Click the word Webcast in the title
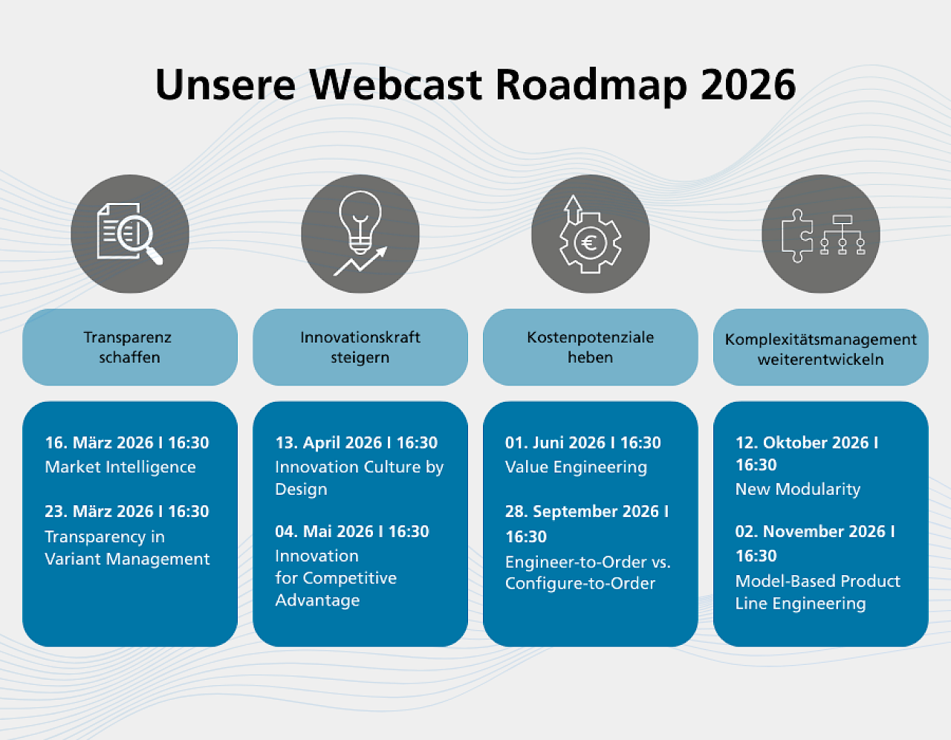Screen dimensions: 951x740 pos(395,85)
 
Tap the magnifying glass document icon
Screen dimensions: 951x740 pos(130,234)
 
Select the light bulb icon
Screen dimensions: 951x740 pos(360,223)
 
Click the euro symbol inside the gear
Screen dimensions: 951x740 pos(590,242)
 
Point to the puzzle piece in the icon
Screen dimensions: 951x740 pos(797,236)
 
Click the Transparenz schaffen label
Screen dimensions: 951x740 pos(129,347)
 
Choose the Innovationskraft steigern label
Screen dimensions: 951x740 pos(360,347)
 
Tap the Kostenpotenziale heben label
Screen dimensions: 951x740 pos(590,347)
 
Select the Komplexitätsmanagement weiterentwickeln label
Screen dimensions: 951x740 pos(820,349)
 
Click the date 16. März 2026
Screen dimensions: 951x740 pos(99,442)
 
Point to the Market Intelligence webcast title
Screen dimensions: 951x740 pos(120,467)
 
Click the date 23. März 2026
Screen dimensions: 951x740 pos(99,511)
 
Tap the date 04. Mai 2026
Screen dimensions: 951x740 pos(324,531)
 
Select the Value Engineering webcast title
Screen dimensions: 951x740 pos(576,467)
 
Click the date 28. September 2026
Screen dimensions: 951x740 pos(582,511)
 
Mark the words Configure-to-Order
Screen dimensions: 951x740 pos(580,583)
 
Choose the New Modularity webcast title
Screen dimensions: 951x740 pos(798,489)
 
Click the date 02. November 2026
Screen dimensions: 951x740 pos(811,531)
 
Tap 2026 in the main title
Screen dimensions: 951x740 pos(748,85)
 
